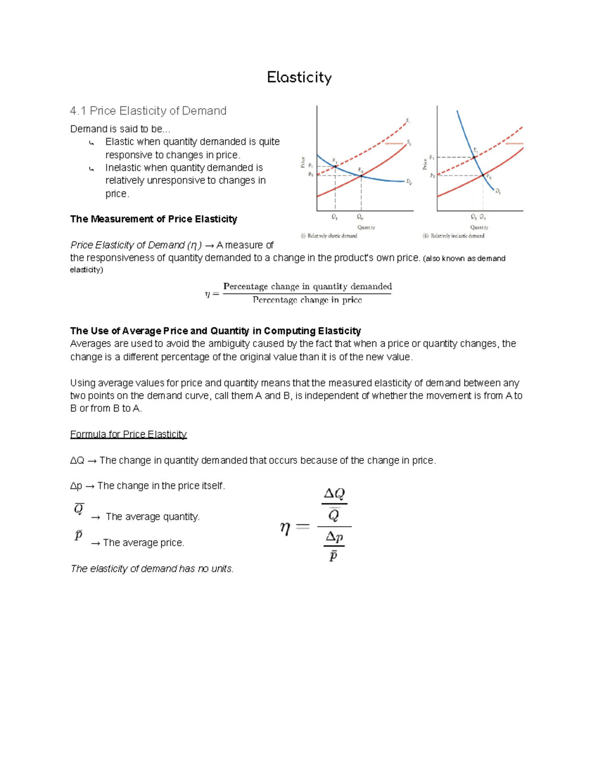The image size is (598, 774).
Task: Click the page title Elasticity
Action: (x=299, y=77)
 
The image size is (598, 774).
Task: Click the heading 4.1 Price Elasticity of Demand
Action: (x=148, y=111)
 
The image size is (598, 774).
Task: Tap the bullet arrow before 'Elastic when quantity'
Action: (x=91, y=143)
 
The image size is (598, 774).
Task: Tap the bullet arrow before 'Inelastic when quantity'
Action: (x=91, y=169)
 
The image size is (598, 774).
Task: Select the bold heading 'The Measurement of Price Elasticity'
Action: (x=153, y=219)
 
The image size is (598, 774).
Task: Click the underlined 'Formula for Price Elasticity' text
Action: (x=128, y=434)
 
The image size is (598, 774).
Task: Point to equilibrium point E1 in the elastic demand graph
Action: (x=335, y=166)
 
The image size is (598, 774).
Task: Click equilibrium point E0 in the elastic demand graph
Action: (x=361, y=175)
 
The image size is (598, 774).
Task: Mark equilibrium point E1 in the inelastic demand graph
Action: (x=474, y=157)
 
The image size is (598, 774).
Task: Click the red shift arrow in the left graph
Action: (x=394, y=144)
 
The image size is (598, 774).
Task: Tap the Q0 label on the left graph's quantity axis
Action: (x=360, y=217)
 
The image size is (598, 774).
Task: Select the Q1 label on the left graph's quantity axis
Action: (x=334, y=217)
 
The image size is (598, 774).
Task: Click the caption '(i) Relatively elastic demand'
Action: (x=329, y=236)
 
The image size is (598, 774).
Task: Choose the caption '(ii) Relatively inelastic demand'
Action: (x=453, y=236)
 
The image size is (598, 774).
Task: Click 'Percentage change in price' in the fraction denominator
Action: (x=307, y=300)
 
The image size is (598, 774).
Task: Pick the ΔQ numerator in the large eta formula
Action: (x=334, y=493)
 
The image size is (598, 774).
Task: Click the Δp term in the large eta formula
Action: (x=334, y=537)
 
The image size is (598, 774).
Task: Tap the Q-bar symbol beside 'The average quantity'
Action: (x=79, y=509)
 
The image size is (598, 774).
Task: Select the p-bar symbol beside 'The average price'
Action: (x=78, y=535)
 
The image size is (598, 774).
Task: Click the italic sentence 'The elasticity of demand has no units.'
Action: (x=152, y=569)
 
